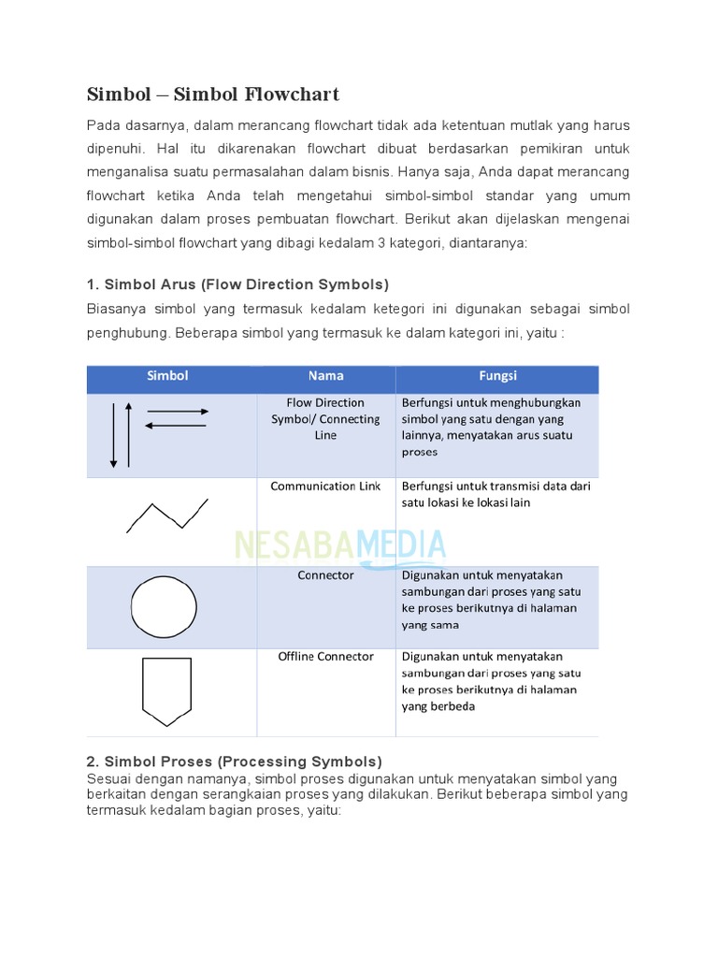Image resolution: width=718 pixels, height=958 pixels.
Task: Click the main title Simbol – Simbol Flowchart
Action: (x=212, y=94)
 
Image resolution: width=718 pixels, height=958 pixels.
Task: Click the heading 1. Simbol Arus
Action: (x=237, y=284)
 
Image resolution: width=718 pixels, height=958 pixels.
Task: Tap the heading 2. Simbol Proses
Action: (x=234, y=762)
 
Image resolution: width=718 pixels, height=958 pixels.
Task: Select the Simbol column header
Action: (x=168, y=376)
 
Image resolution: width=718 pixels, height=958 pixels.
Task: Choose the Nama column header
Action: (x=325, y=376)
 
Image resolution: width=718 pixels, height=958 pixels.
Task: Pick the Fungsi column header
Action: (x=497, y=376)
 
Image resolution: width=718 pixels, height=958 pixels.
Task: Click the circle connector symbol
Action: (x=164, y=607)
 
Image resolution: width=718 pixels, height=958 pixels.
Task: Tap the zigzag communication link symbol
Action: (x=166, y=515)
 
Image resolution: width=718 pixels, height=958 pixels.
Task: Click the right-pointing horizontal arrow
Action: (x=178, y=412)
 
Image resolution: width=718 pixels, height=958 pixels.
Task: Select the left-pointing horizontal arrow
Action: (x=176, y=426)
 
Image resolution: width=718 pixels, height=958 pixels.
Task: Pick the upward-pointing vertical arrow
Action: (x=129, y=434)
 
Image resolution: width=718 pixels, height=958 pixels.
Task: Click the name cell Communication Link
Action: (x=325, y=486)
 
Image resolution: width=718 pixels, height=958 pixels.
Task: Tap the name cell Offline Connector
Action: (x=325, y=657)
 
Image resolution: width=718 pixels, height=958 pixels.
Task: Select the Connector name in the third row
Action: (x=325, y=575)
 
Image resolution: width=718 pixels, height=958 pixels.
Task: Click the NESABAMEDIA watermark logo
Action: (x=340, y=544)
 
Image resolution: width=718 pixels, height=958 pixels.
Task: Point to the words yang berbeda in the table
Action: (x=438, y=706)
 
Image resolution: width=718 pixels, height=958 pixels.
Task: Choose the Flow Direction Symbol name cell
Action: (x=325, y=419)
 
